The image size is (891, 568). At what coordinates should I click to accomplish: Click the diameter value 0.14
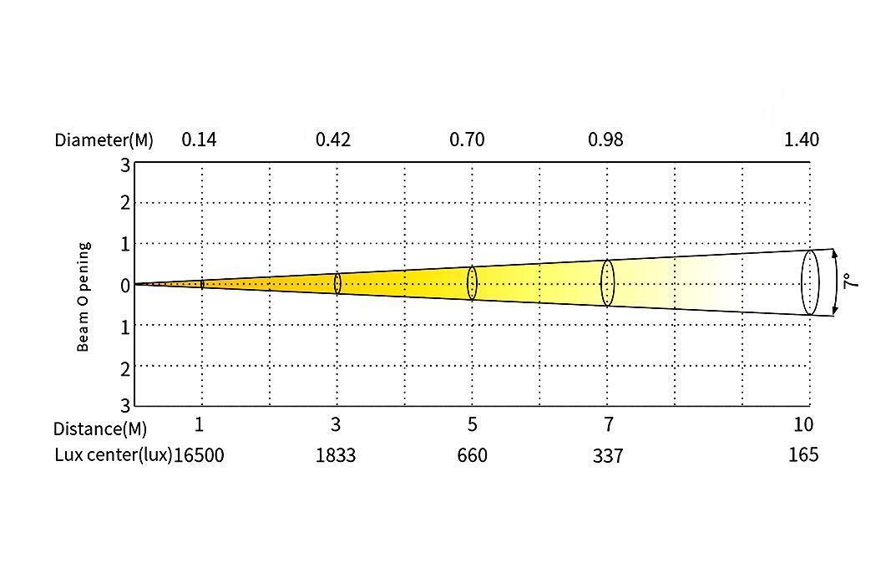(x=199, y=139)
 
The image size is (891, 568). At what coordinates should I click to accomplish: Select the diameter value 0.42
(x=333, y=139)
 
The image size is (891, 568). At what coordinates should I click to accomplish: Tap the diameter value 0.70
(x=467, y=139)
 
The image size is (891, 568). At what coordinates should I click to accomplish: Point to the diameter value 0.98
(x=605, y=139)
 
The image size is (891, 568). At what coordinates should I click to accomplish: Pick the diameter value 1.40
(x=802, y=139)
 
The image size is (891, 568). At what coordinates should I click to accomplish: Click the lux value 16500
(x=199, y=455)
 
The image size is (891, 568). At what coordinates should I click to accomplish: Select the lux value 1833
(x=336, y=455)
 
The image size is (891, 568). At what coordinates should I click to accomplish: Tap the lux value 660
(x=472, y=455)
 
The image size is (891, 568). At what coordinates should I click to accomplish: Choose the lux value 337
(x=608, y=455)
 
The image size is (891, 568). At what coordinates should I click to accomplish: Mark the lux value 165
(x=803, y=454)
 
